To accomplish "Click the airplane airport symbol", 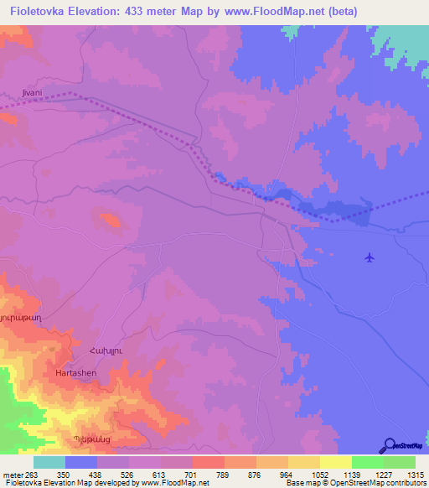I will pyautogui.click(x=369, y=257).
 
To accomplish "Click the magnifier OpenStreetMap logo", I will pyautogui.click(x=389, y=445).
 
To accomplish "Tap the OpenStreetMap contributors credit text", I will pyautogui.click(x=380, y=483).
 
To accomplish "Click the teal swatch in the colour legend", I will pyautogui.click(x=49, y=462).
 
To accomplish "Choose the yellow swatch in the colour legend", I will pyautogui.click(x=335, y=462).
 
